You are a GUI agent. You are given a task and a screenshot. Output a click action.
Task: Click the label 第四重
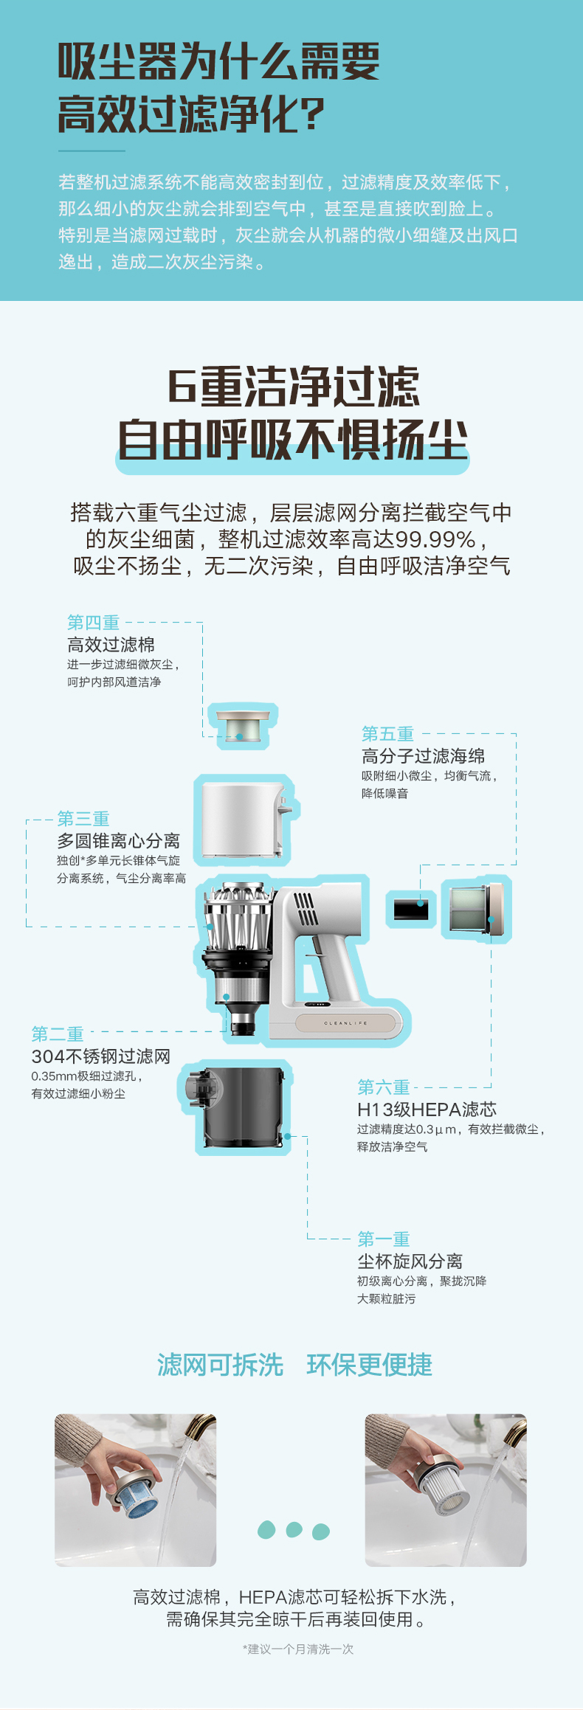point(93,623)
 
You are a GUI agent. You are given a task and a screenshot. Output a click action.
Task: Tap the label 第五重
point(387,734)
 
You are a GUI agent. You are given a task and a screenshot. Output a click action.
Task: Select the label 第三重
point(83,819)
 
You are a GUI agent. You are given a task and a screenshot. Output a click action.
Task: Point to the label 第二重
point(58,1034)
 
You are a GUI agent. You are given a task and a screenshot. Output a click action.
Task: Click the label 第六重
point(384,1087)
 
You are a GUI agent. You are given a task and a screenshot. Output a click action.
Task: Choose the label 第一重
point(384,1239)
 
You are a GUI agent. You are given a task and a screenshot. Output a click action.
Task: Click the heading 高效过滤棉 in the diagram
point(111,645)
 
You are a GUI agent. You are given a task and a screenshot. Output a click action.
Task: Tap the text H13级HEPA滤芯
point(427,1110)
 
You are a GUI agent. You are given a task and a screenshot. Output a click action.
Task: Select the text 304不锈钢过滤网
point(100,1056)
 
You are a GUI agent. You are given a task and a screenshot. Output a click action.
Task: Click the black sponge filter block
point(411,908)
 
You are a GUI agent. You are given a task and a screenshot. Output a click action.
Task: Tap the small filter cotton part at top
point(243,726)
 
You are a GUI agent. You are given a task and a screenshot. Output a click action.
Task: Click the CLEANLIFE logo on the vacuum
point(345,1023)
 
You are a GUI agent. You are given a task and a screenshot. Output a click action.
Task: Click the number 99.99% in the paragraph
point(435,539)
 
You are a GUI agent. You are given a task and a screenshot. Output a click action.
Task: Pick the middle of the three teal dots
point(294,1530)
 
